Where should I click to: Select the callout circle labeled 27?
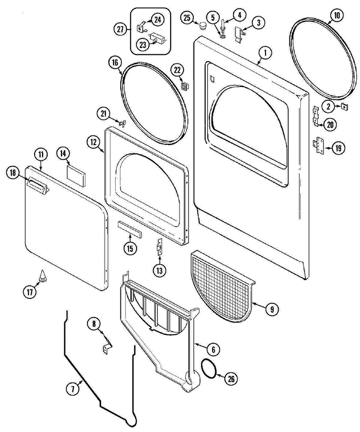click(x=120, y=29)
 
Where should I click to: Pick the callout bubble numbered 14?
click(x=63, y=154)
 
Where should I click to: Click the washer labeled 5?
click(x=223, y=36)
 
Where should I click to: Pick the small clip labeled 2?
click(x=344, y=106)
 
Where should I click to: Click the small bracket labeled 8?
click(x=107, y=348)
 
